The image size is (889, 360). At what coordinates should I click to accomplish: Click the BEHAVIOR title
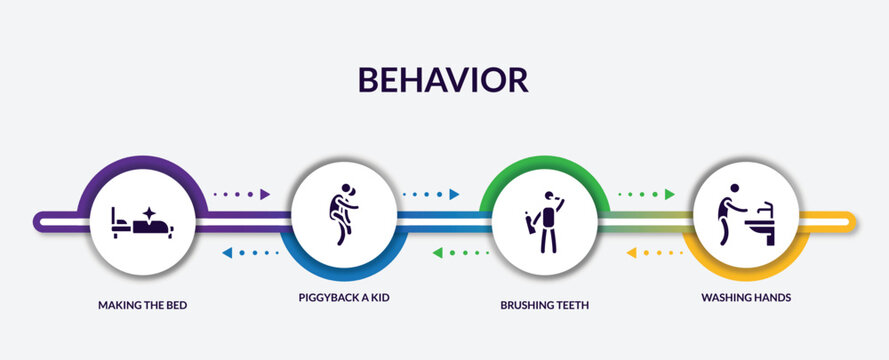coord(444,79)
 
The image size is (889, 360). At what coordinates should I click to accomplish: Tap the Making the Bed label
coord(142,304)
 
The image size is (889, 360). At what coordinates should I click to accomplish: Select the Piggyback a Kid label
coord(343,298)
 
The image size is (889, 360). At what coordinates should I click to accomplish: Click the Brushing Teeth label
coord(544,304)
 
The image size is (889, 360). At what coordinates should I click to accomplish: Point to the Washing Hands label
coord(746,298)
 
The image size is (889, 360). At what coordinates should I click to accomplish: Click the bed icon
coord(142,227)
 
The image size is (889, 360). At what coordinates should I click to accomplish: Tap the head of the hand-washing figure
coord(735,188)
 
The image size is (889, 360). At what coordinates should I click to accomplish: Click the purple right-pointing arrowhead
coord(266,195)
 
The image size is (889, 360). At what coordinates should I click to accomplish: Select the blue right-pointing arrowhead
coord(454,195)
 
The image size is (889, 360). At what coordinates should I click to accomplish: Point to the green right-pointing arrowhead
coord(670,195)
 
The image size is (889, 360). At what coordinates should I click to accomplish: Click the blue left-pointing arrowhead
coord(226,252)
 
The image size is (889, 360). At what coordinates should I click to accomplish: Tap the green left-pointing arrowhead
coord(437,252)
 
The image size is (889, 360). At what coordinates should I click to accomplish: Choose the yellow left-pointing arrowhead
coord(631,252)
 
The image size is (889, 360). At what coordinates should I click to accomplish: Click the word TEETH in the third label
coord(568,304)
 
